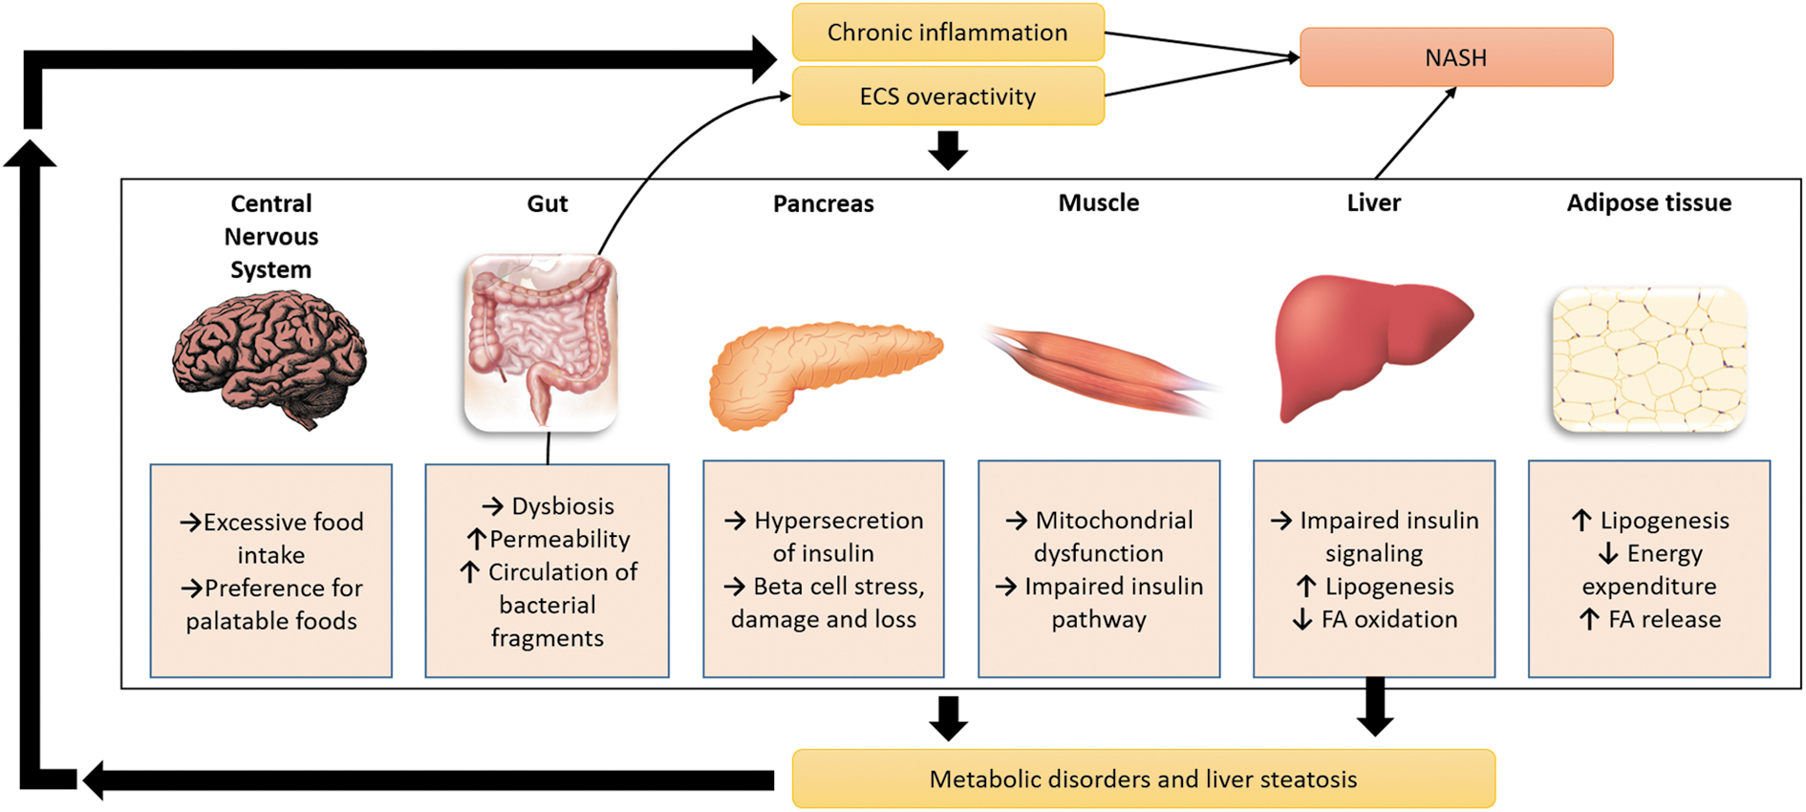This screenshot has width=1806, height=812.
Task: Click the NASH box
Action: coord(1456,57)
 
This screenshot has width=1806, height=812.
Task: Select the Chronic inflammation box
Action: coord(948,32)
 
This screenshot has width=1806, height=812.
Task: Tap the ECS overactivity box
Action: coord(948,96)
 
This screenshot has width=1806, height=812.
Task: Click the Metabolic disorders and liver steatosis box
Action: coord(1143,779)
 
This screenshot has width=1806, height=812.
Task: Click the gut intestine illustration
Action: coord(541,343)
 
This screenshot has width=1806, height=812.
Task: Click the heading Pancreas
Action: coord(823,203)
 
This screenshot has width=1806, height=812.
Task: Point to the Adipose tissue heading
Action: coord(1649,203)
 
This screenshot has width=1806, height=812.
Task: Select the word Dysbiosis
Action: coord(563,506)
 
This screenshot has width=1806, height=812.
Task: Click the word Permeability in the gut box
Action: coord(560,540)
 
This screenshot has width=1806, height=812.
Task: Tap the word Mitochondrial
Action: coord(1114,521)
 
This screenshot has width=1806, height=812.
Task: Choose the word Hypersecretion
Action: coord(839,521)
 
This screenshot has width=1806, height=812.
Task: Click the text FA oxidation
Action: coord(1389,619)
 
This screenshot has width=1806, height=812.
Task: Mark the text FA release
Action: coord(1665,619)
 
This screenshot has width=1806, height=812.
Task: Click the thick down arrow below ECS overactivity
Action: coord(948,150)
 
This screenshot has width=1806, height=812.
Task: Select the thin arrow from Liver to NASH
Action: coord(1416,133)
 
